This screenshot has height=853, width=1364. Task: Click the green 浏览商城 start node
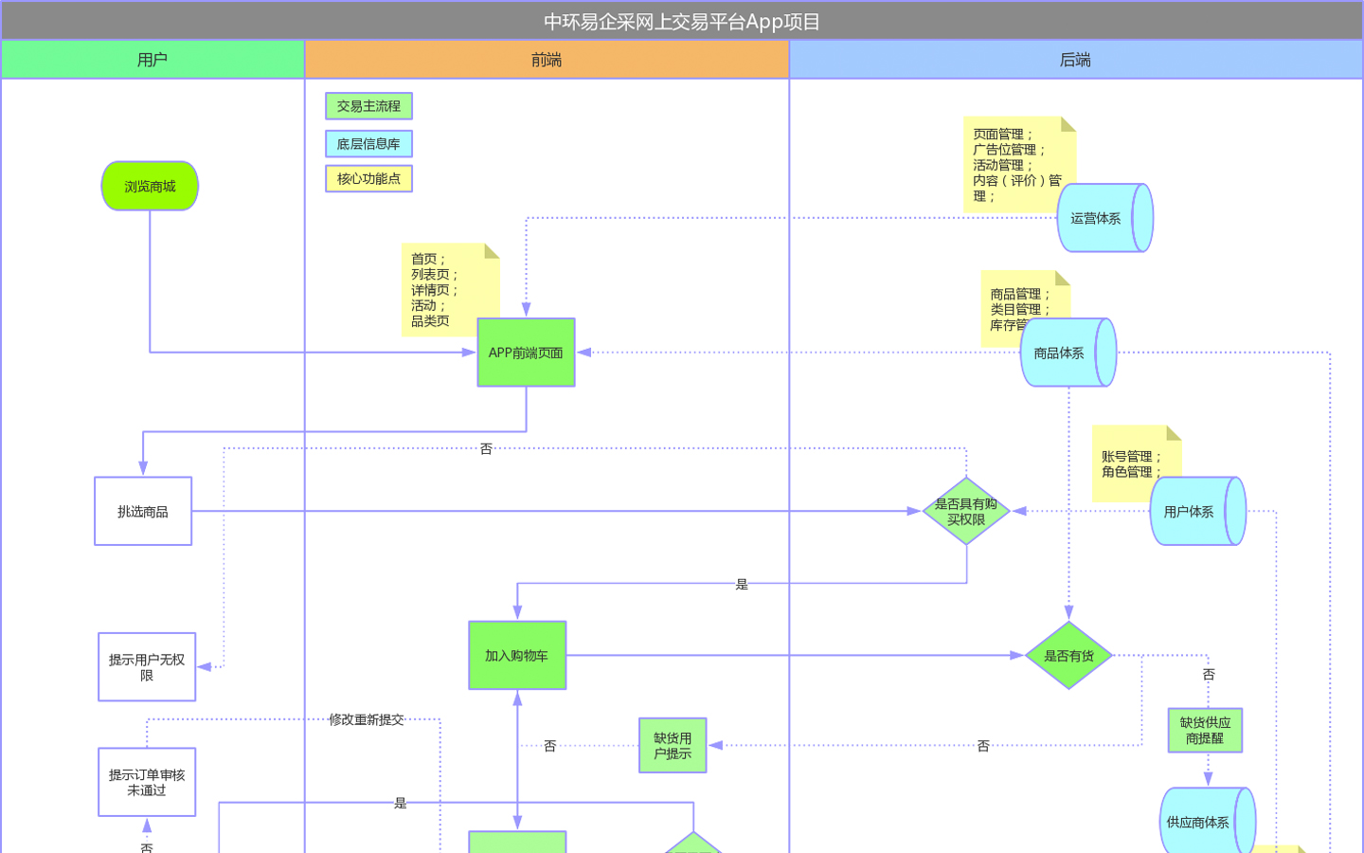pos(150,186)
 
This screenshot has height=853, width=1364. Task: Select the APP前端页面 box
pos(526,353)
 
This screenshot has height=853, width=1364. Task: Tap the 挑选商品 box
pos(143,512)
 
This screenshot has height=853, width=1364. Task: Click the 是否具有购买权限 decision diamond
pos(966,512)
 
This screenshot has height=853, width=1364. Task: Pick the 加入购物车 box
pos(517,655)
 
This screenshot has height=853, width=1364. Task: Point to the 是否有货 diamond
pos(1068,655)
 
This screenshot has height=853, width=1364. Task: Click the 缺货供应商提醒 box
pos(1205,730)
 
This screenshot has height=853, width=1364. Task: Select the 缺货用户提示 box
pos(673,745)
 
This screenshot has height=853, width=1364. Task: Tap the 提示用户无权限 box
pos(147,667)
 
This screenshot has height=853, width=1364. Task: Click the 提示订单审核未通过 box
pos(147,782)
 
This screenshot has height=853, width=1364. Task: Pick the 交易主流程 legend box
pos(368,106)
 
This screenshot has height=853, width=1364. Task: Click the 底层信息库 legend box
pos(368,144)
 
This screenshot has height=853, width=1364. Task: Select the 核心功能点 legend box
pos(368,178)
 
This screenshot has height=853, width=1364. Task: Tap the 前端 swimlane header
pos(547,60)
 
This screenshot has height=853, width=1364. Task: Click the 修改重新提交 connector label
pos(367,719)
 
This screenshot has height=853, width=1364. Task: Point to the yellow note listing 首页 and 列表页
pos(445,289)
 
